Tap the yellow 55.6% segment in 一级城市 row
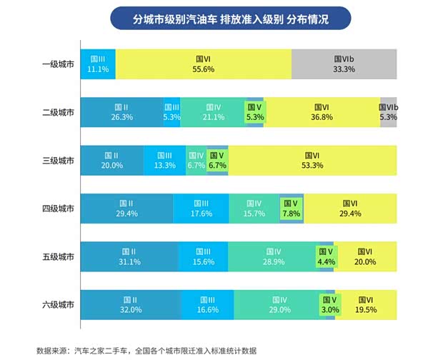(203, 64)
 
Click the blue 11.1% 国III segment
(97, 64)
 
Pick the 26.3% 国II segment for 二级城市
(121, 112)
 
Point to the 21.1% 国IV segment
(212, 112)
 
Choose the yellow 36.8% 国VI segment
(322, 112)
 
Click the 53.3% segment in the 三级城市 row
(312, 160)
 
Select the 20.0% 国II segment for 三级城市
(111, 160)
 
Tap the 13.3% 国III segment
(164, 160)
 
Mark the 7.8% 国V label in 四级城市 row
(291, 208)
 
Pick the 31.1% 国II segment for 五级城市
(129, 256)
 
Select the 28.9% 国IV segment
(272, 256)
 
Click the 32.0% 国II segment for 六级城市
(130, 305)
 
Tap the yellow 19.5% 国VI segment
(365, 305)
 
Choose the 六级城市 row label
(58, 305)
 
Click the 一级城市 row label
(58, 64)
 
